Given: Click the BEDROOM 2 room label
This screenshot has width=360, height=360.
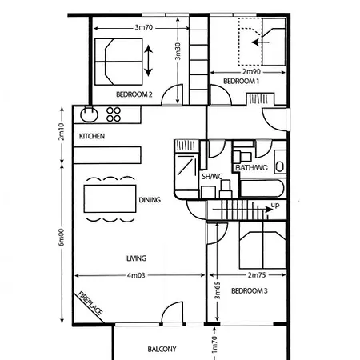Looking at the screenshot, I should tap(134, 94).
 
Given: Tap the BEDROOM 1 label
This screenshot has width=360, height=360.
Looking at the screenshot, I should tap(241, 82).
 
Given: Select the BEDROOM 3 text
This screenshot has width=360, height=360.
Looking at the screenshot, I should tap(248, 290).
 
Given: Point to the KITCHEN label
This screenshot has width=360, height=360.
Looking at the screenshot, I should tap(92, 137).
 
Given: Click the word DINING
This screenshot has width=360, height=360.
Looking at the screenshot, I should tap(150, 200).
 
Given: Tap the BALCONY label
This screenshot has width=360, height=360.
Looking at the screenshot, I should tap(162, 350).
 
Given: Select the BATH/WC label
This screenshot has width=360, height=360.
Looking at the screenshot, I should tap(252, 168).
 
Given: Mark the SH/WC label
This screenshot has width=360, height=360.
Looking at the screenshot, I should tap(212, 176).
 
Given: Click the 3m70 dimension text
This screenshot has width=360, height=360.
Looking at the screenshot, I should tap(144, 27).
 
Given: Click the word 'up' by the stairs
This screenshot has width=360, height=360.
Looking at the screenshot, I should tap(275, 206).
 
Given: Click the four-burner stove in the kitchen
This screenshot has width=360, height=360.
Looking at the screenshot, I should tap(114, 114).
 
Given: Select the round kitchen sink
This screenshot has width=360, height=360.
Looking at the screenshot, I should tap(90, 114).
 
